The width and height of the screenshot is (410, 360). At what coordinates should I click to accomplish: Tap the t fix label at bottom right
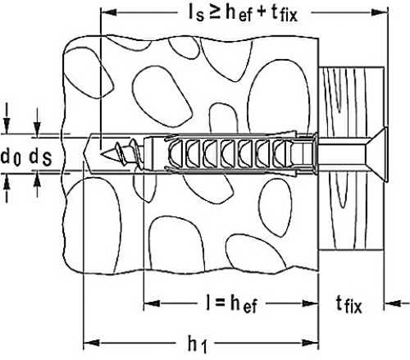pyautogui.click(x=348, y=304)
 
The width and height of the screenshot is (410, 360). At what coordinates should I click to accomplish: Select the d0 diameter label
pyautogui.click(x=11, y=157)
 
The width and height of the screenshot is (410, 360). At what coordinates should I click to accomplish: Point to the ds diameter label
pyautogui.click(x=40, y=157)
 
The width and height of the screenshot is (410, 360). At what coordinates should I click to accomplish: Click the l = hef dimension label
pyautogui.click(x=231, y=303)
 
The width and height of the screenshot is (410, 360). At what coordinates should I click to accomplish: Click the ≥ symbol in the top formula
pyautogui.click(x=215, y=13)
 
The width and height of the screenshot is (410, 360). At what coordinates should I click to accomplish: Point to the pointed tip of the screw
pyautogui.click(x=102, y=153)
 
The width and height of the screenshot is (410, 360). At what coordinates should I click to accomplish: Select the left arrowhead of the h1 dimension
pyautogui.click(x=91, y=343)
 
